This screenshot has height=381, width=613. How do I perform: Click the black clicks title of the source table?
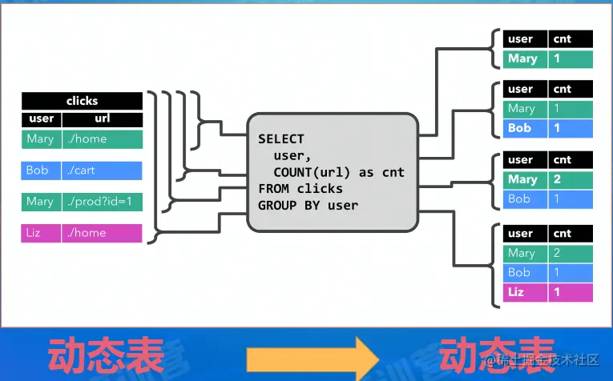(82, 101)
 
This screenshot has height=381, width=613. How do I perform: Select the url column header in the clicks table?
(102, 118)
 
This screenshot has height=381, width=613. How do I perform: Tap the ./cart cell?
(102, 170)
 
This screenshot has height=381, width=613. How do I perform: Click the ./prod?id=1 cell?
(102, 202)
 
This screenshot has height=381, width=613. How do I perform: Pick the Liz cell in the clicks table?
(41, 233)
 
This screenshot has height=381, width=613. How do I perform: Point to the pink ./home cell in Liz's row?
(102, 233)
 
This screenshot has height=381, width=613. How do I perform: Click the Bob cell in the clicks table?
(41, 170)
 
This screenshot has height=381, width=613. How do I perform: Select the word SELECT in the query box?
(281, 139)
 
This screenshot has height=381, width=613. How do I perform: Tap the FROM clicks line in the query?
(300, 189)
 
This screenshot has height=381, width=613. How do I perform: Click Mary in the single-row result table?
(523, 58)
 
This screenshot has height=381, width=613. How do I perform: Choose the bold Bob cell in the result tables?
(523, 127)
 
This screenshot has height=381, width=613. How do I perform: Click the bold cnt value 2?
(571, 179)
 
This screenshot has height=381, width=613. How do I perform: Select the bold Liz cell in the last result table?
(523, 292)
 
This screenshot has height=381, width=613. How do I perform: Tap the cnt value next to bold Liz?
(571, 292)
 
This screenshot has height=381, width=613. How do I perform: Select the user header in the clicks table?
(41, 118)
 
